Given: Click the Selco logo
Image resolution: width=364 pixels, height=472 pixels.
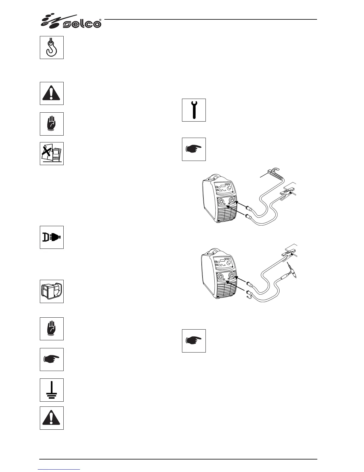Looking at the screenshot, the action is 71,21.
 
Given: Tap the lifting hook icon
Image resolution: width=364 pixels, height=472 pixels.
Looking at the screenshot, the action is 52,47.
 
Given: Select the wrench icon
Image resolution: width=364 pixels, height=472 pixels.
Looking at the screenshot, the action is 194,110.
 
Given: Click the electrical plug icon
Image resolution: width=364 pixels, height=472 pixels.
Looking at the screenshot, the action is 52,237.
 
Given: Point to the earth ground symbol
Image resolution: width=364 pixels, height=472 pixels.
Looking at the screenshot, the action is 52,390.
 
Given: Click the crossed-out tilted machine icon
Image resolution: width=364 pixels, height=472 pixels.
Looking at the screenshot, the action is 52,153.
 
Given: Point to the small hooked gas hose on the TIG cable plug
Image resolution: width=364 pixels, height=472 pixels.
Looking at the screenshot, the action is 248,296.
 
